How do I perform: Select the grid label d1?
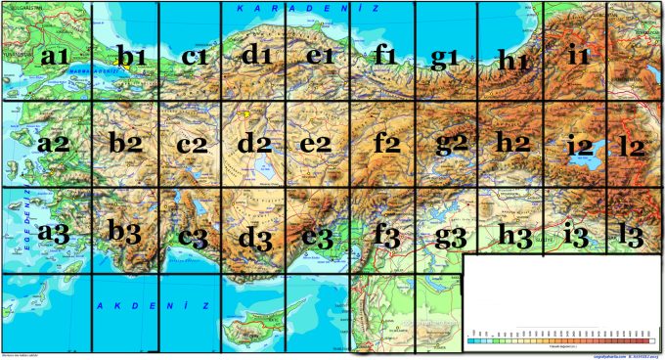click(256, 55)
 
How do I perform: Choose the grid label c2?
click(193, 146)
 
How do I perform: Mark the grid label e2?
click(317, 144)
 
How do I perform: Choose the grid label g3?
click(451, 235)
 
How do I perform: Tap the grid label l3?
click(632, 235)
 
